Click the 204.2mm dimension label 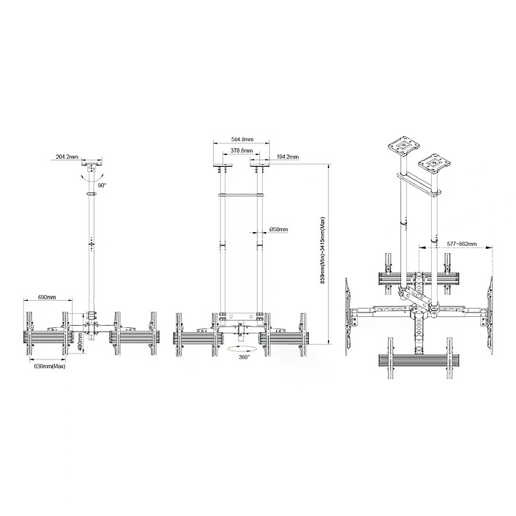[67, 157]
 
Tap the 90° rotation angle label [102, 186]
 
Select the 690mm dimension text [47, 297]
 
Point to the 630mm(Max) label [49, 366]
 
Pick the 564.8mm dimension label [242, 139]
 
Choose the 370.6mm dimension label [242, 151]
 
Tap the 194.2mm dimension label [288, 157]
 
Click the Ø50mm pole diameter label [278, 228]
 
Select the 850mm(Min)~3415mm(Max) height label [323, 250]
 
